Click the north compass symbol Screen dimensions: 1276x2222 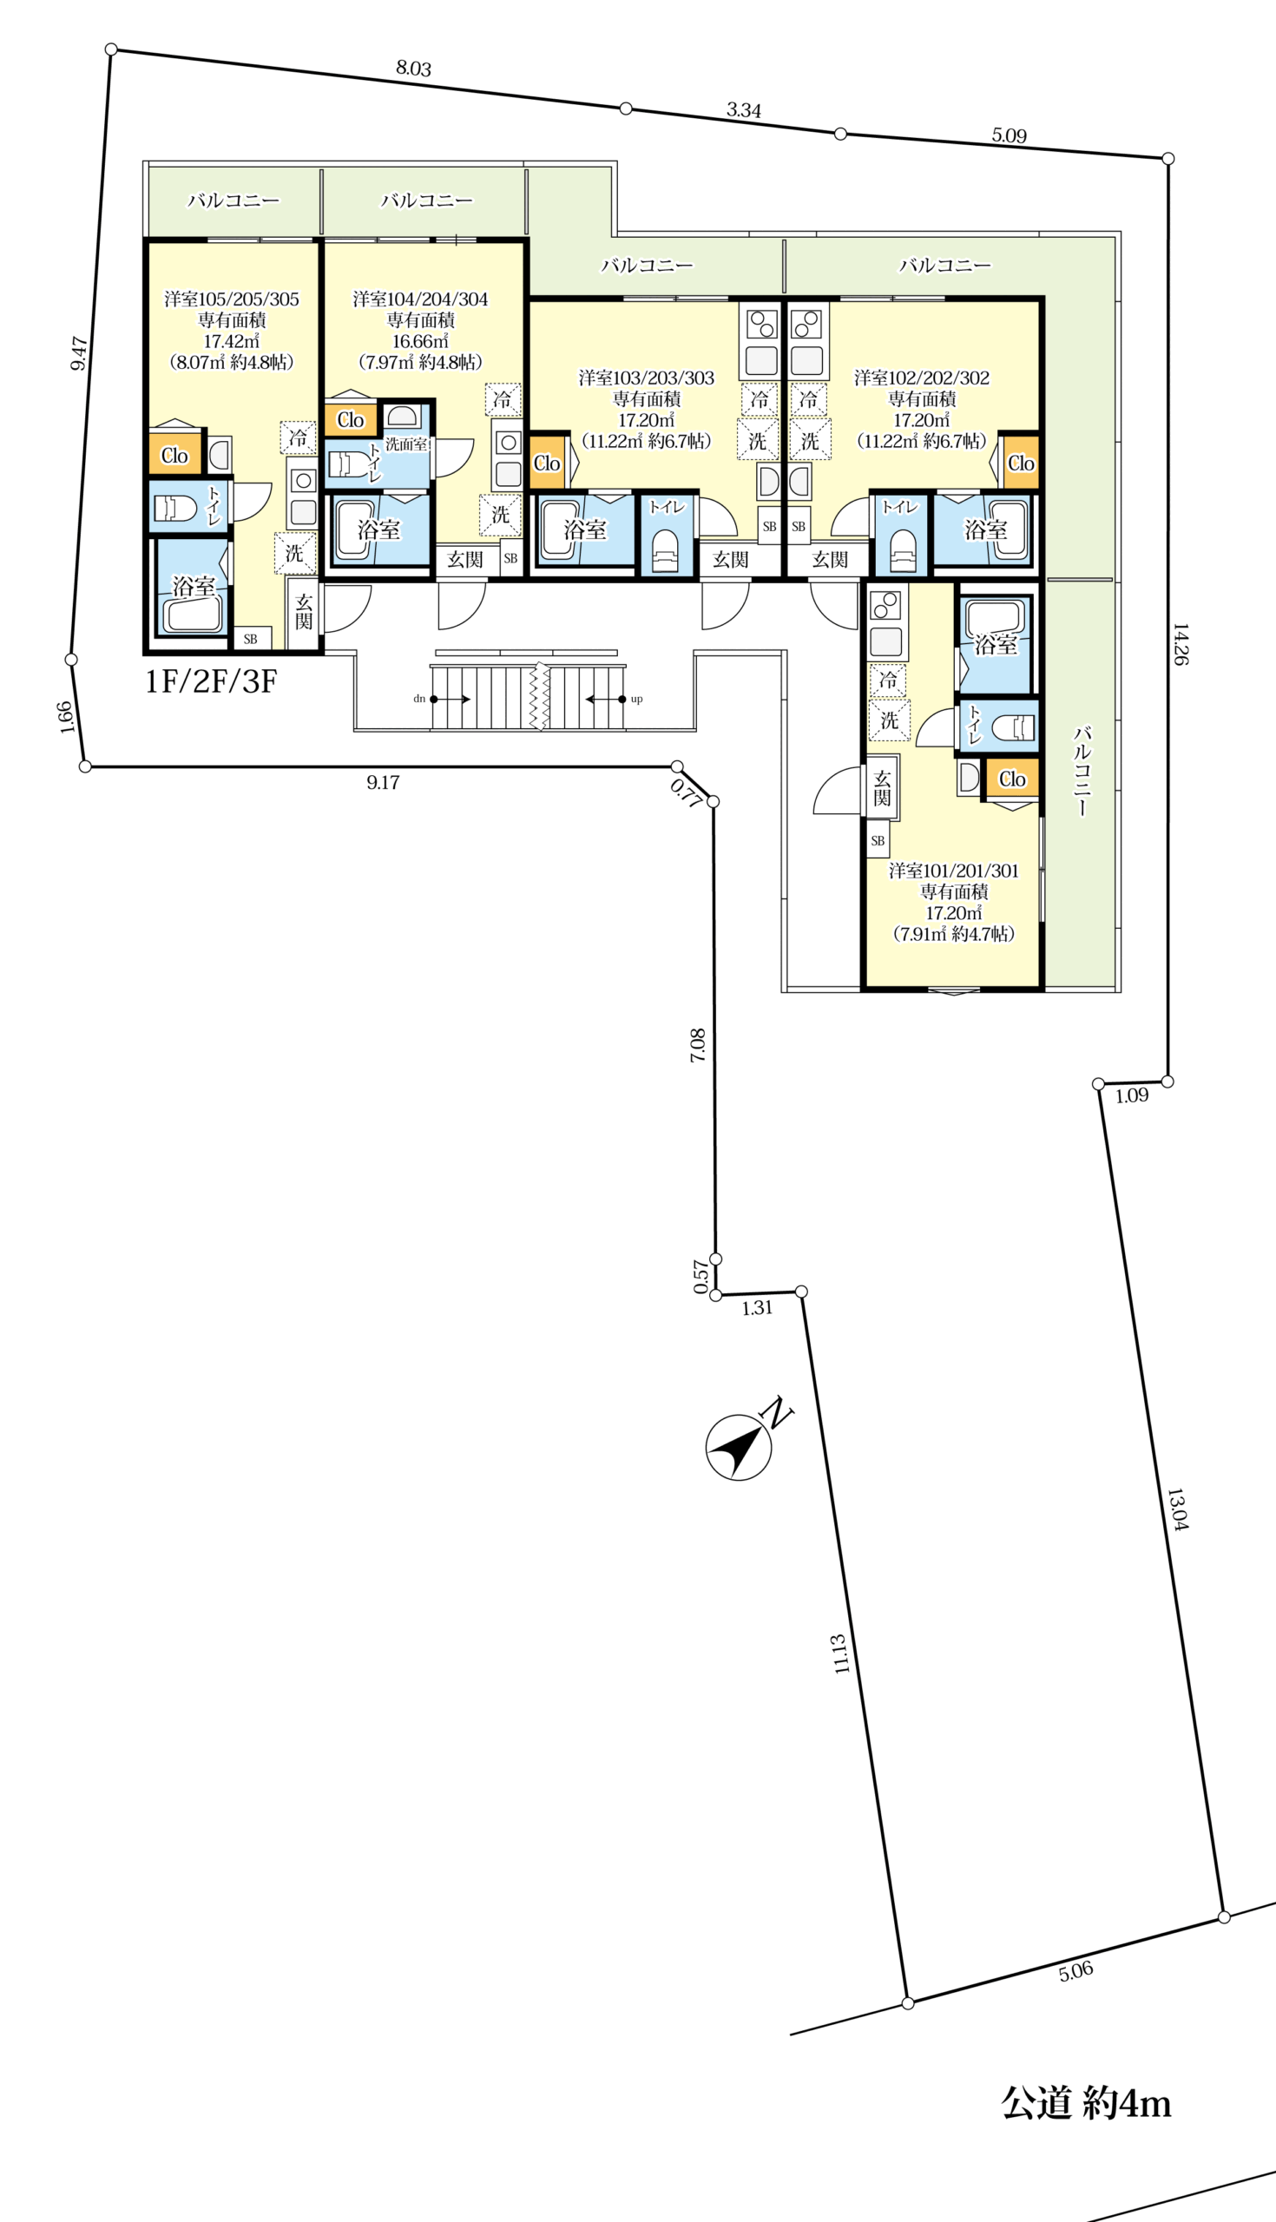(739, 1447)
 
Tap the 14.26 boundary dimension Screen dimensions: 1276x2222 (1181, 644)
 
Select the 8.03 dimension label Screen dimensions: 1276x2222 (414, 68)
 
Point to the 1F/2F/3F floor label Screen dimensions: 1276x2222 (211, 680)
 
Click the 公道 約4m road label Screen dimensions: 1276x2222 (1086, 2103)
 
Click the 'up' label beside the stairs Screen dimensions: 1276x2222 (636, 699)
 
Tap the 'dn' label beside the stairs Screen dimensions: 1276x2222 (419, 699)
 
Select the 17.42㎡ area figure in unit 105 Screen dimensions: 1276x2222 (232, 341)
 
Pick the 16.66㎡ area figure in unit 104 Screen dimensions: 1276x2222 (420, 341)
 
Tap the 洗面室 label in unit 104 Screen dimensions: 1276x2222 (406, 444)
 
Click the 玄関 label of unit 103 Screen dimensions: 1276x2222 (730, 559)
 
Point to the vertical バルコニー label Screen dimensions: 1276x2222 (1082, 771)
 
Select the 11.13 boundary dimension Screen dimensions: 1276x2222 (840, 1653)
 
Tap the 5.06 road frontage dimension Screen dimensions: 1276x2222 (1075, 1970)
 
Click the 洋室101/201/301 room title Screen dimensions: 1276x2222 (953, 870)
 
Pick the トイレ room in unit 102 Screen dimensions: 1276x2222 (901, 535)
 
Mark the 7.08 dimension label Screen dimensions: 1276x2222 (698, 1045)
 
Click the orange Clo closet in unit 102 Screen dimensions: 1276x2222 (1021, 463)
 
